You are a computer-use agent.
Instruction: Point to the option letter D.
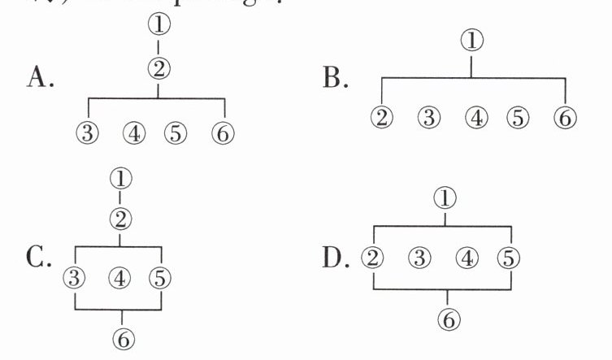336,259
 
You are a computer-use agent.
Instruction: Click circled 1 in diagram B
471,40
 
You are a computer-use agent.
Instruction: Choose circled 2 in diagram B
382,117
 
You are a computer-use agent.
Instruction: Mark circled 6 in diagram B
564,117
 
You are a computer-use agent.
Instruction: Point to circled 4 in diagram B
476,117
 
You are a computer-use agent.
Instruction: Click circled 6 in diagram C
122,338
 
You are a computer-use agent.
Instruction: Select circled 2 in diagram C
121,219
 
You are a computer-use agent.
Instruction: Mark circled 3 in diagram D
419,258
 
